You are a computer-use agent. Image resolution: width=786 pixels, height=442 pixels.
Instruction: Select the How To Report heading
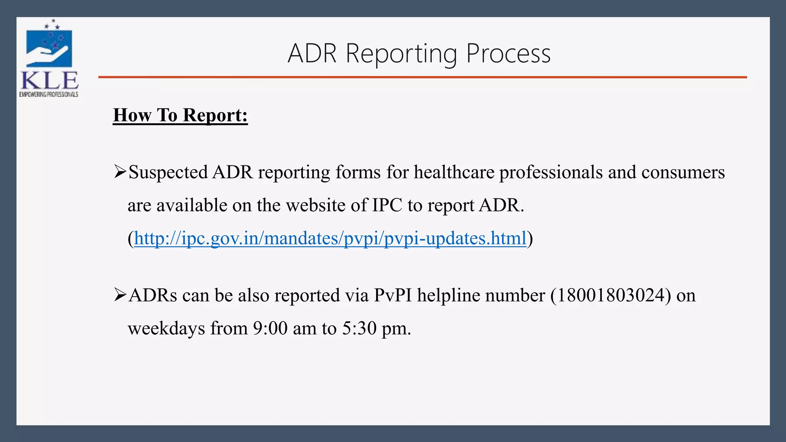(180, 115)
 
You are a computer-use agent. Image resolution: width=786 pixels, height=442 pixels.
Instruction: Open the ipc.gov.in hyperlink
(330, 238)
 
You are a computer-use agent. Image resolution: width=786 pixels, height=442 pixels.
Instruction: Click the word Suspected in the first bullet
(168, 172)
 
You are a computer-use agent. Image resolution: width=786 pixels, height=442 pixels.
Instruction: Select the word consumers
(683, 172)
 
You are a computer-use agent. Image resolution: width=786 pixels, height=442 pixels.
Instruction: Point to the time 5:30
(359, 328)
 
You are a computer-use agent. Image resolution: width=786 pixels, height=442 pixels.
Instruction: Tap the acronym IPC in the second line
(387, 205)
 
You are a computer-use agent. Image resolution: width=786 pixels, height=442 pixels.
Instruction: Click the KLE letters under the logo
(49, 81)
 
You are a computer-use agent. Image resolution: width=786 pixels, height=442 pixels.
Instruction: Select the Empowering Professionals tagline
(49, 94)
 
